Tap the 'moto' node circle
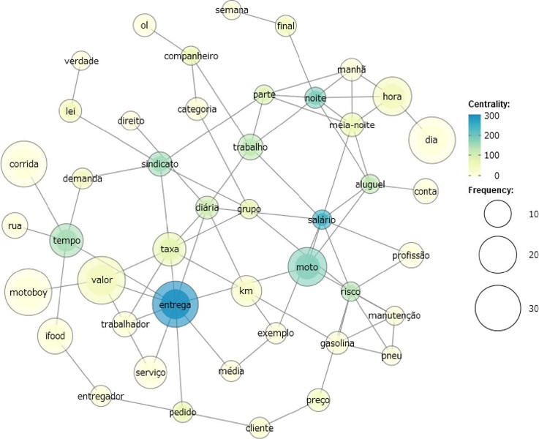click(307, 269)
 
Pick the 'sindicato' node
click(160, 164)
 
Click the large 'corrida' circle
click(24, 165)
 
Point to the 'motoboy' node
click(29, 293)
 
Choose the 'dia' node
click(430, 139)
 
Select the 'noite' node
click(315, 98)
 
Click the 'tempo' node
click(67, 240)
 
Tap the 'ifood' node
click(56, 337)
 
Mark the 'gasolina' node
click(337, 343)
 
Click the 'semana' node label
click(232, 10)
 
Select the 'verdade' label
click(81, 61)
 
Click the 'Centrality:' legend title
click(489, 104)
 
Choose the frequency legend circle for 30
click(500, 307)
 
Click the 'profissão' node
click(410, 255)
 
